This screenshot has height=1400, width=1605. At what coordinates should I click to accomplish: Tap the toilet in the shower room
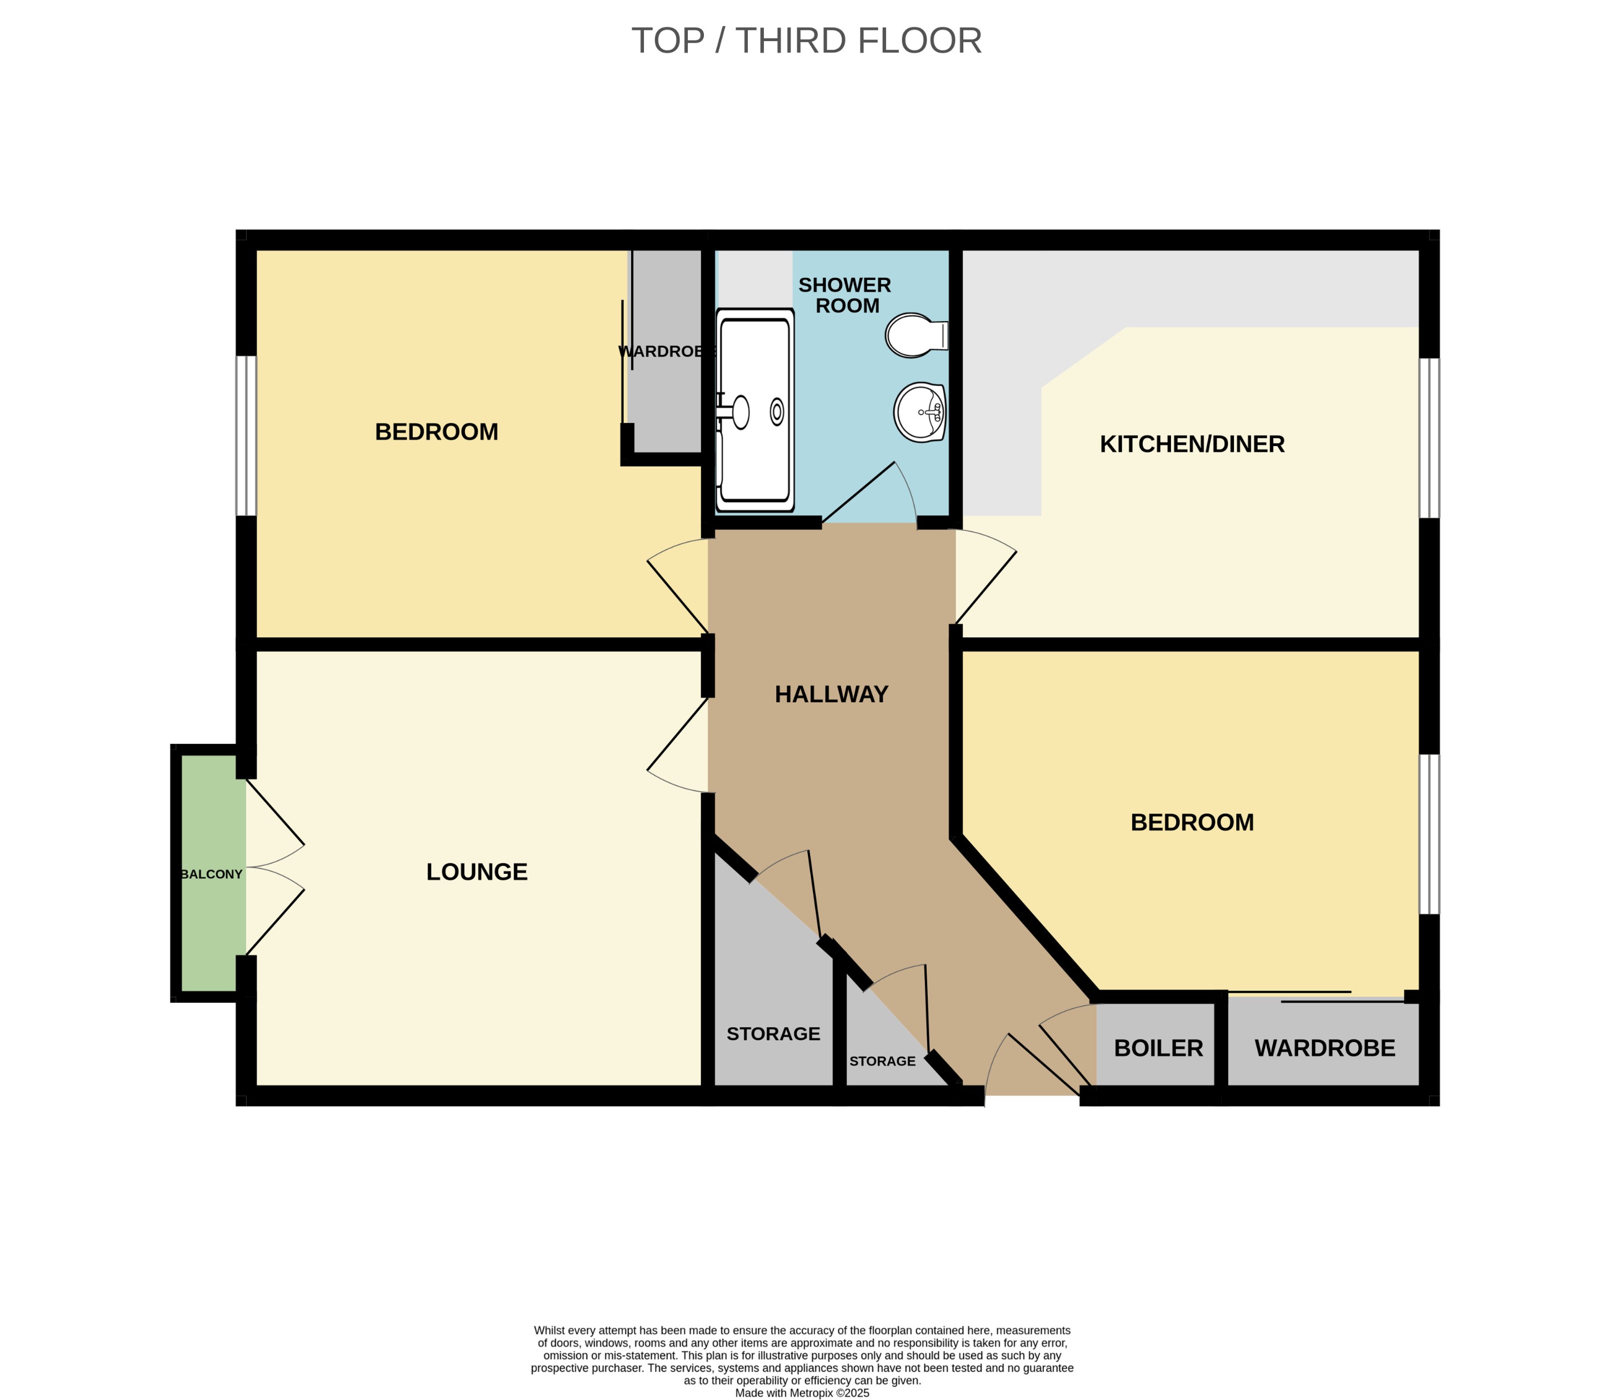point(914,335)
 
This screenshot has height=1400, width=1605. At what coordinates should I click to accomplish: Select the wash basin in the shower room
point(919,412)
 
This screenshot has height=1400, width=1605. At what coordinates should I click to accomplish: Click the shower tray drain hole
point(776,411)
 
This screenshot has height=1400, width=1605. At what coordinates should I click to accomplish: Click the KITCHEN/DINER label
point(1191,444)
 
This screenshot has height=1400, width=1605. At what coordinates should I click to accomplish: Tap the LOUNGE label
point(477,872)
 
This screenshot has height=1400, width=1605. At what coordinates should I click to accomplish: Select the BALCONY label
point(211,874)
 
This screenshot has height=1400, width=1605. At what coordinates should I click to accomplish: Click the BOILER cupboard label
point(1157,1048)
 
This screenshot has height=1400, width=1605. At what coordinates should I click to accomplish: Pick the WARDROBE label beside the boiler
point(1324,1048)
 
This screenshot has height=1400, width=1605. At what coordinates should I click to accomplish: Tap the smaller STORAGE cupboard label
point(882,1061)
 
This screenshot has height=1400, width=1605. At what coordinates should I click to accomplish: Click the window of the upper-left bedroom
point(246,436)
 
